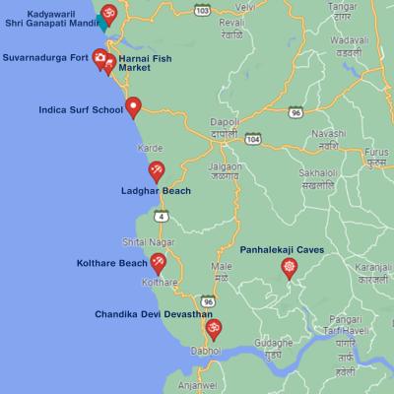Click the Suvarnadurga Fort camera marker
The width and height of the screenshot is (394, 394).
pos(98,57)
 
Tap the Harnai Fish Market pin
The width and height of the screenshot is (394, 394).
pos(109,64)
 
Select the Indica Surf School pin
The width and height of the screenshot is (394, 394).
pos(133,105)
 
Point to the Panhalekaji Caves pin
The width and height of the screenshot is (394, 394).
pos(289,267)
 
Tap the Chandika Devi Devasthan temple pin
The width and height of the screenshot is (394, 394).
pos(213,328)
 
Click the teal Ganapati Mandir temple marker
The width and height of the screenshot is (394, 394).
pos(109,14)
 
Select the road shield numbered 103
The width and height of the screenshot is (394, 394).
pos(203,9)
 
